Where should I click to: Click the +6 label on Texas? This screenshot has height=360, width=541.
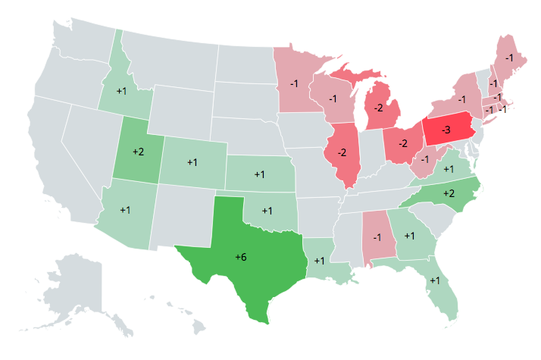pyautogui.click(x=240, y=258)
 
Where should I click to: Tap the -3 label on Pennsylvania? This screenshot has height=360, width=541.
pyautogui.click(x=446, y=131)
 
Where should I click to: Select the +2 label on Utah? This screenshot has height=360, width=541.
pyautogui.click(x=138, y=152)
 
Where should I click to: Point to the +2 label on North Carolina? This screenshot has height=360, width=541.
pyautogui.click(x=449, y=194)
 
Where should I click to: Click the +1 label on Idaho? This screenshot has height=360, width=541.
pyautogui.click(x=121, y=91)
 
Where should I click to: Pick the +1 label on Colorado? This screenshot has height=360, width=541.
pyautogui.click(x=192, y=162)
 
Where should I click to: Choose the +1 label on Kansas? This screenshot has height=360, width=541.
pyautogui.click(x=259, y=174)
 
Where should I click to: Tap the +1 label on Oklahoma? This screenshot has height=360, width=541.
pyautogui.click(x=267, y=210)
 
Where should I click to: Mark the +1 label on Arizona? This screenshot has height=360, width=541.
pyautogui.click(x=125, y=210)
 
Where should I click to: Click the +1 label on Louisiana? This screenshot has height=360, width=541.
pyautogui.click(x=319, y=261)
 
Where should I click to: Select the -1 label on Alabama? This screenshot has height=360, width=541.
pyautogui.click(x=377, y=238)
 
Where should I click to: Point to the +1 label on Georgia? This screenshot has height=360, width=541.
pyautogui.click(x=409, y=236)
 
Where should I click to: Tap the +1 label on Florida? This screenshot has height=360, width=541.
pyautogui.click(x=435, y=280)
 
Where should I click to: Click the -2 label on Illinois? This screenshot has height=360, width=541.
pyautogui.click(x=342, y=152)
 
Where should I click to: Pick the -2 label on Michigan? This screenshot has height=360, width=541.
pyautogui.click(x=377, y=108)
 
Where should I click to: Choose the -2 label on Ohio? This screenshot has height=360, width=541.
pyautogui.click(x=404, y=143)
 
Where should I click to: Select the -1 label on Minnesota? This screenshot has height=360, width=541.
pyautogui.click(x=293, y=83)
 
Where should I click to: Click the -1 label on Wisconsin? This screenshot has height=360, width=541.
pyautogui.click(x=333, y=99)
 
